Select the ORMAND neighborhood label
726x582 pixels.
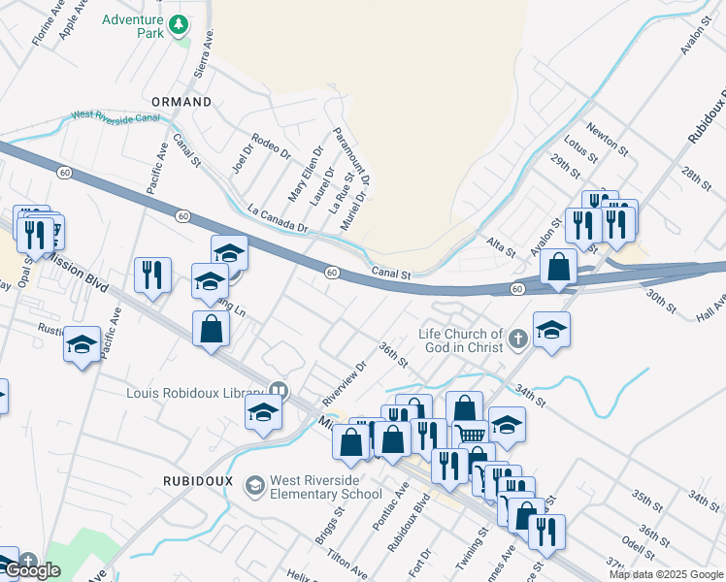point(181,102)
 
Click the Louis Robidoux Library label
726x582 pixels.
point(197,393)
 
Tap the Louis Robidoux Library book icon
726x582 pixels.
point(280,391)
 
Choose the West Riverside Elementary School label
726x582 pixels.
point(326,487)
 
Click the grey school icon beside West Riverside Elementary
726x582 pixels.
point(254,484)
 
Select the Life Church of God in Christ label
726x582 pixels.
point(461,340)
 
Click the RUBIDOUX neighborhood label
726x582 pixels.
point(194,480)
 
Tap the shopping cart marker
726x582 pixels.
point(471,436)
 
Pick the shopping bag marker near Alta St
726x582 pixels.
point(559,267)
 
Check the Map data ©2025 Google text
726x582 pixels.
point(665,574)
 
